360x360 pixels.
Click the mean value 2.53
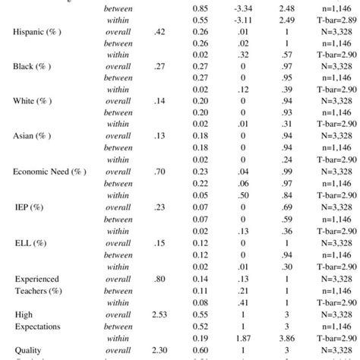click(x=159, y=312)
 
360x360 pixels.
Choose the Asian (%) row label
click(x=32, y=136)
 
